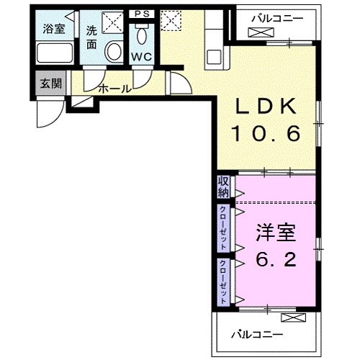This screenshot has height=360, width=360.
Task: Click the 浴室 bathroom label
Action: point(54,30)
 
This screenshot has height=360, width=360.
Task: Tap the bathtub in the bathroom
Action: point(55,53)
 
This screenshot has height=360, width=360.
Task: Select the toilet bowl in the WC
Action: point(142,35)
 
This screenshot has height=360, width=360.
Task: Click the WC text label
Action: point(141,57)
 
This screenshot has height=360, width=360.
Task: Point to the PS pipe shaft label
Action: point(142,14)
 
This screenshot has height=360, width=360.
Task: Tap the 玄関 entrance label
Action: point(51,83)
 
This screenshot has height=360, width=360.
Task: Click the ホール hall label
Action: point(115,89)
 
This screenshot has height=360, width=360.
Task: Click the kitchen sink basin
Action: point(213,57)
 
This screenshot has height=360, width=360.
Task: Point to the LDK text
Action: point(266,106)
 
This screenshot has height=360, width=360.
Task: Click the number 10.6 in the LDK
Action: point(266,134)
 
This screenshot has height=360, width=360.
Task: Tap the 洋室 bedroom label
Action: point(276,233)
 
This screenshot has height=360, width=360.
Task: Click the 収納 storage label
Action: point(223,187)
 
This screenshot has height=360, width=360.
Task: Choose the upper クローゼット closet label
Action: point(223,228)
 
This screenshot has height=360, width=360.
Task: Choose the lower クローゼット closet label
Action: point(223,282)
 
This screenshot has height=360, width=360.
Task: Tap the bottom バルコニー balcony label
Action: point(257,334)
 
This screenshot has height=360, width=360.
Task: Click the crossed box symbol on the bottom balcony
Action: point(294,318)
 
